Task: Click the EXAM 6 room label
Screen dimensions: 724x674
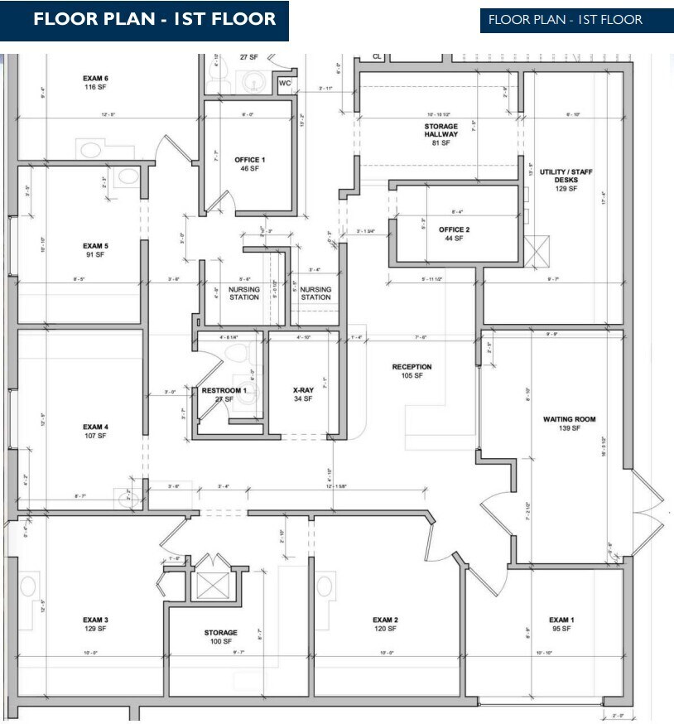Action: coord(96,79)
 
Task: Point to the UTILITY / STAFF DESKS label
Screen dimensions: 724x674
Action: coord(566,176)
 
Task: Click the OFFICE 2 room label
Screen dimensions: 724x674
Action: coord(454,229)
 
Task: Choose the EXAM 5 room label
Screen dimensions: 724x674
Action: coord(95,246)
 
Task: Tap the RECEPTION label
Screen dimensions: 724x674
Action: coord(412,367)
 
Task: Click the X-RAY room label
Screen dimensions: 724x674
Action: coord(302,389)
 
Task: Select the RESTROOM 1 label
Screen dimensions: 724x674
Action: coord(224,390)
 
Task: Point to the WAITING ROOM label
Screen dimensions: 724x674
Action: coord(569,419)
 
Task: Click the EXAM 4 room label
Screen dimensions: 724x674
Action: coord(95,427)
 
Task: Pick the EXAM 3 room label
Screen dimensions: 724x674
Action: coord(95,620)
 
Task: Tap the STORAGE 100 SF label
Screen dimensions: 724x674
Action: coord(221,633)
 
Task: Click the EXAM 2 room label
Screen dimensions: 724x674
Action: coord(385,620)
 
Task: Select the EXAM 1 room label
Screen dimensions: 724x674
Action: coord(561,620)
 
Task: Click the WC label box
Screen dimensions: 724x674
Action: coord(285,84)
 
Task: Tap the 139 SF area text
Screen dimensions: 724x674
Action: coord(569,428)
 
